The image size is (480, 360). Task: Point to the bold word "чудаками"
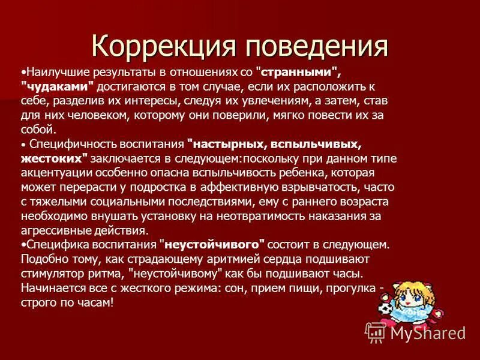tap(58, 86)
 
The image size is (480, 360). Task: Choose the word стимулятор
tap(53, 274)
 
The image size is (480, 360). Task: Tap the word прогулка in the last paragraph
tap(350, 288)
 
